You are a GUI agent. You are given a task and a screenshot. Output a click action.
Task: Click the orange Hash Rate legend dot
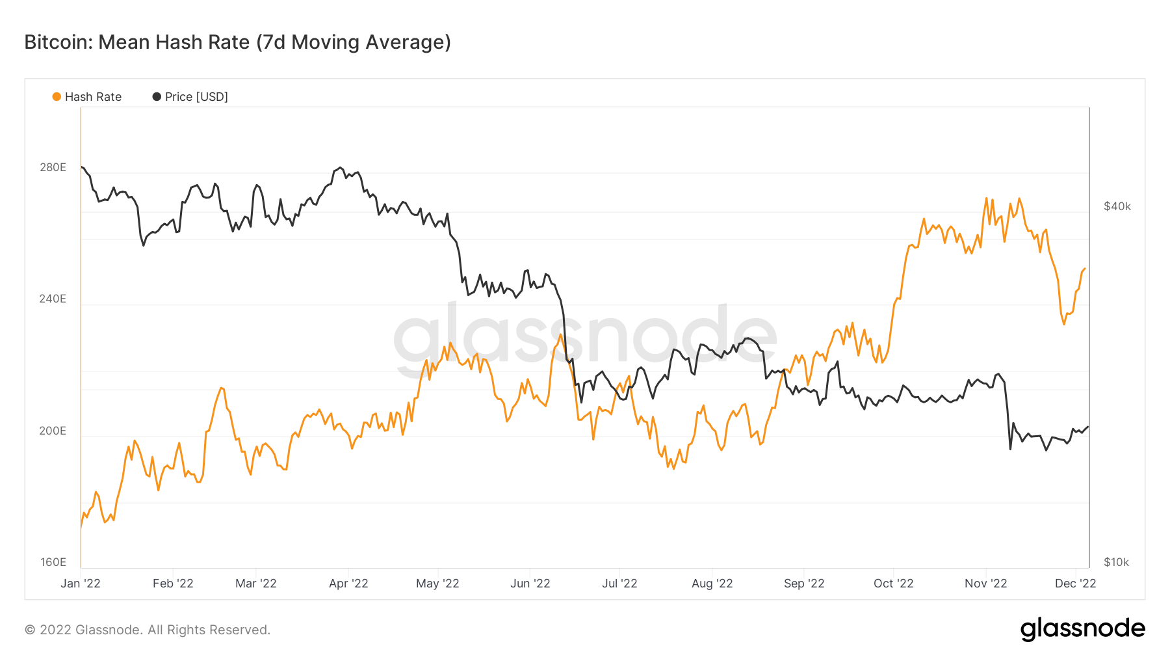[57, 97]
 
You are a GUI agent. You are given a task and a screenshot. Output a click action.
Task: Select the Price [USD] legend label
[196, 97]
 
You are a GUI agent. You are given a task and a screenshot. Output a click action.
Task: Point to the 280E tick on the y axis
[53, 168]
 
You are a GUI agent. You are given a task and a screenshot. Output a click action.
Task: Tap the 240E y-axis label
[53, 299]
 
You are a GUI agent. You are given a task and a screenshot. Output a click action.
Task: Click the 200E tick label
[53, 431]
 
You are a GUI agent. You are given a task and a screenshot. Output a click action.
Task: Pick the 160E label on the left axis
[53, 563]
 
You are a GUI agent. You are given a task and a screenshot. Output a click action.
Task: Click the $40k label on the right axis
[1117, 207]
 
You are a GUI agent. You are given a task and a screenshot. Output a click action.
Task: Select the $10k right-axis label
[1117, 563]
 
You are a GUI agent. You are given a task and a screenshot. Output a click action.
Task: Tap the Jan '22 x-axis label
[81, 584]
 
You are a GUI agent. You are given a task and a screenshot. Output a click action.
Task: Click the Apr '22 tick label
[348, 584]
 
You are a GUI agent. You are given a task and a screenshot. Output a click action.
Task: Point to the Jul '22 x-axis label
[619, 584]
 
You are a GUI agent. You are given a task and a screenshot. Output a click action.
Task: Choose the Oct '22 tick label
[893, 584]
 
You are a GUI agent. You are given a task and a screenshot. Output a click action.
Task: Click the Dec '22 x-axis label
[1075, 584]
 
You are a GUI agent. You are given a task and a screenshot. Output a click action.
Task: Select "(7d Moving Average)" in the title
[354, 42]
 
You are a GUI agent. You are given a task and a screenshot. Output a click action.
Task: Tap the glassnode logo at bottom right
[1082, 629]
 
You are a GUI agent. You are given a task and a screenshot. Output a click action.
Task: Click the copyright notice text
[148, 630]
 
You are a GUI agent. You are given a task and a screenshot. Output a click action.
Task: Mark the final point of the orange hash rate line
[1085, 269]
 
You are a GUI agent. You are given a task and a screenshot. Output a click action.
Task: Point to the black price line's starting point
[82, 167]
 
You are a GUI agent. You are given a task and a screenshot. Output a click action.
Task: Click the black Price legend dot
[157, 97]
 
